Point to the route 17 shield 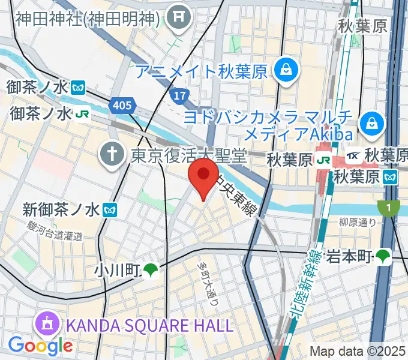179,95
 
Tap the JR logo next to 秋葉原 324,160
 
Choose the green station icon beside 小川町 151,271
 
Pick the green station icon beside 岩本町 382,257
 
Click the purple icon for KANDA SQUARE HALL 46,326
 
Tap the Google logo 40,345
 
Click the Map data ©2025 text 358,351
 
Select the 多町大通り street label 209,283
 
